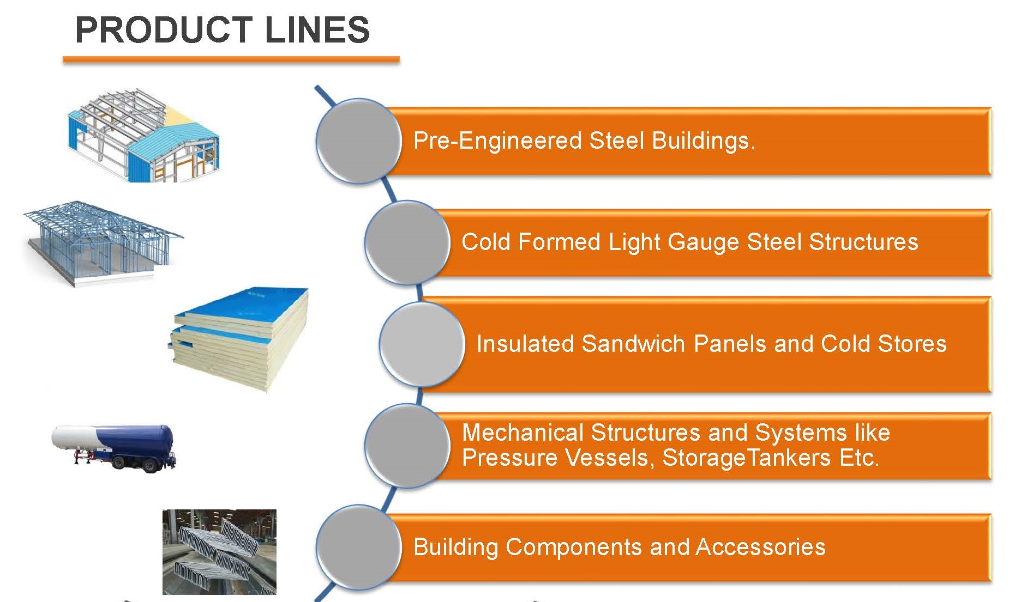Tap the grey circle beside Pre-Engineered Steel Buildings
pos(358,141)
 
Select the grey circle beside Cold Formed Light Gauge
pos(407,242)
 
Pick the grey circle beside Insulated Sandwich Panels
pos(422,344)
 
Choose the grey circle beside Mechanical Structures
pos(407,446)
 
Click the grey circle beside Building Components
pos(358,547)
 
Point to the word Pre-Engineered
pos(497,141)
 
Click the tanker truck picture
pos(115,447)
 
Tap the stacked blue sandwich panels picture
pos(240,338)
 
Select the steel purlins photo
pos(219,552)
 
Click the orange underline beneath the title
pos(231,59)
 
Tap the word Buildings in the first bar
pos(703,141)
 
